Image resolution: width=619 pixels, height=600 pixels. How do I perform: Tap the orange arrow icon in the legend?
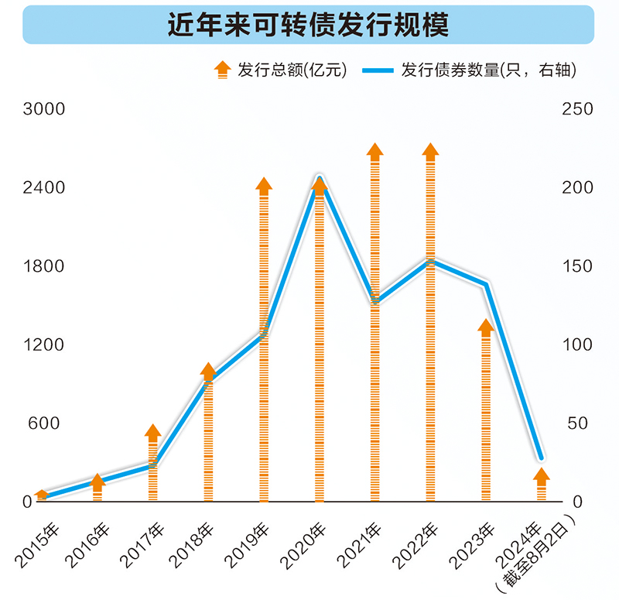click(x=222, y=70)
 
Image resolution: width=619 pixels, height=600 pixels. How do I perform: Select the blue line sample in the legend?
click(x=377, y=70)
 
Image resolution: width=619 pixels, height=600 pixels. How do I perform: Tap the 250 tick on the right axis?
click(x=577, y=109)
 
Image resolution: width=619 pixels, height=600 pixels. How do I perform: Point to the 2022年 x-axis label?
click(x=415, y=544)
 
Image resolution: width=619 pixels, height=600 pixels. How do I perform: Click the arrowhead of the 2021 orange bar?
click(x=375, y=151)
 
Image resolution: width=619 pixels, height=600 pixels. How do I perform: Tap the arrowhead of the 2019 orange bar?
click(x=264, y=185)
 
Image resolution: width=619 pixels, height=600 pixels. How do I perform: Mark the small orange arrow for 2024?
click(x=542, y=475)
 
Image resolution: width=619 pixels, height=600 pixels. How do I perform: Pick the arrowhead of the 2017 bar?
click(x=152, y=432)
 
